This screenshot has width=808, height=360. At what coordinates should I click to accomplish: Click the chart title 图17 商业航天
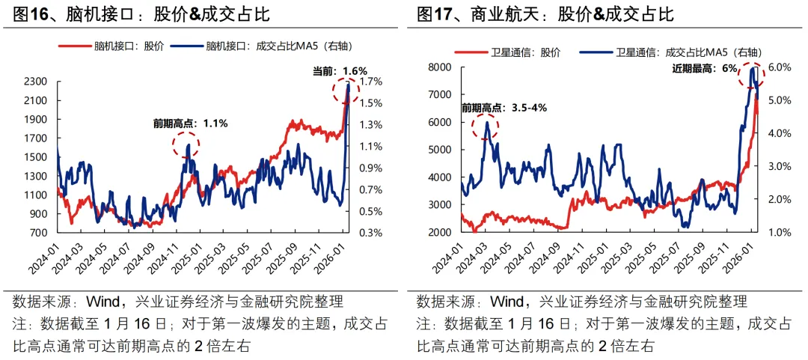click(x=545, y=14)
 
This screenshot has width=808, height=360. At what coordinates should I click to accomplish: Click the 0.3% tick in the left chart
click(x=372, y=233)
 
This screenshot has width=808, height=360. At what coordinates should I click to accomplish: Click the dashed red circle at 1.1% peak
click(x=186, y=144)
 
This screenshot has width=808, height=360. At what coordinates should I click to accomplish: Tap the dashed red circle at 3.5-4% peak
click(x=486, y=128)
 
